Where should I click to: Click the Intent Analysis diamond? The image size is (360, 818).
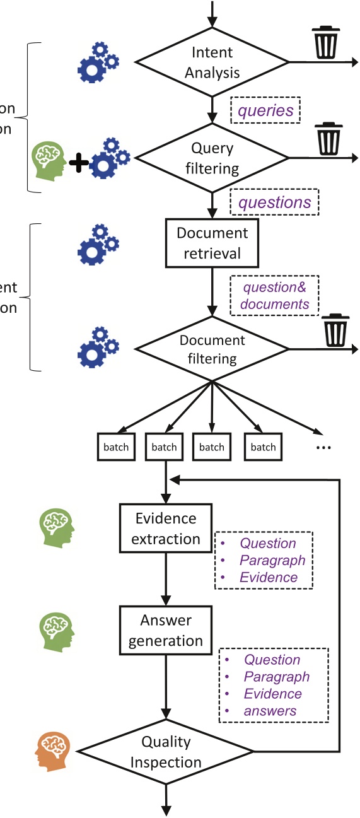212,62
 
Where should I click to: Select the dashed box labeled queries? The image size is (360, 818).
265,111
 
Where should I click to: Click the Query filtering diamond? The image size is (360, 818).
212,158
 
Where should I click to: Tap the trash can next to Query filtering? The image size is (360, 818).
328,139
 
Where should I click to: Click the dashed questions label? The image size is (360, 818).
274,202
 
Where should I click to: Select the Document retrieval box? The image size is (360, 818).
212,243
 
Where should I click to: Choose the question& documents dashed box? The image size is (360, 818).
274,295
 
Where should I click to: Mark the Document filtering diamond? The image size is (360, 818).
212,349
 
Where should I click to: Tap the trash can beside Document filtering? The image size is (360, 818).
335,330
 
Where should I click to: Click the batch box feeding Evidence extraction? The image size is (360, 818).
164,447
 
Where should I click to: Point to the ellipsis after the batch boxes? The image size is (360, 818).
322,447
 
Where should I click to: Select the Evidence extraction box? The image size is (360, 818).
166,529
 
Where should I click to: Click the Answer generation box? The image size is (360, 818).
166,630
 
